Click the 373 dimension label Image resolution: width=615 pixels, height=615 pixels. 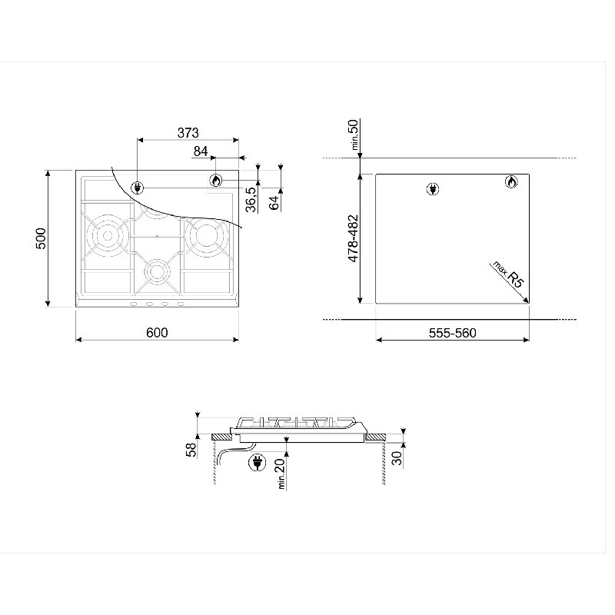tap(188, 133)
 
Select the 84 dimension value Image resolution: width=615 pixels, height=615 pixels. tap(201, 151)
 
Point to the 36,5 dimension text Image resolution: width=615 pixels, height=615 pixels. tap(251, 199)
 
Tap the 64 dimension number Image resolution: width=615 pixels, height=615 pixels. tap(274, 202)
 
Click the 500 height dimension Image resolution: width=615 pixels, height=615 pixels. tap(41, 238)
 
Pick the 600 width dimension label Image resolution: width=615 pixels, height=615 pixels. tap(157, 333)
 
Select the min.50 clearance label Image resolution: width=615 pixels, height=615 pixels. tap(354, 135)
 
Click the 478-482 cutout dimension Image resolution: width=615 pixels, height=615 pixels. tap(353, 238)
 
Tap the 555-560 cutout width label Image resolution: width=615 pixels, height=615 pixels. tap(453, 333)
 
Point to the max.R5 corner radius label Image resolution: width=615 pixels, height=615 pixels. tap(509, 274)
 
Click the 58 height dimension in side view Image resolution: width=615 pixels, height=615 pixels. tap(191, 450)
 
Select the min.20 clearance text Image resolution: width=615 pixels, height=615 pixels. tap(281, 474)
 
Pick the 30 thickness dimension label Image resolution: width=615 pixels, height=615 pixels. tap(397, 457)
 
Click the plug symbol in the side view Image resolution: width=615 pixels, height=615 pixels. tap(257, 463)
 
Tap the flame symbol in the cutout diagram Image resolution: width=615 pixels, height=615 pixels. tap(511, 181)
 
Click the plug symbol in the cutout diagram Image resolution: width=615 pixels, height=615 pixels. tap(433, 189)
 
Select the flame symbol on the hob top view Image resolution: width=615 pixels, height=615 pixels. tap(216, 181)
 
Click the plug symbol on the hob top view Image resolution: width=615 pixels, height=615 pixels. tap(138, 188)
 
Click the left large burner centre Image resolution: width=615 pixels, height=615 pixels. tap(108, 236)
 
